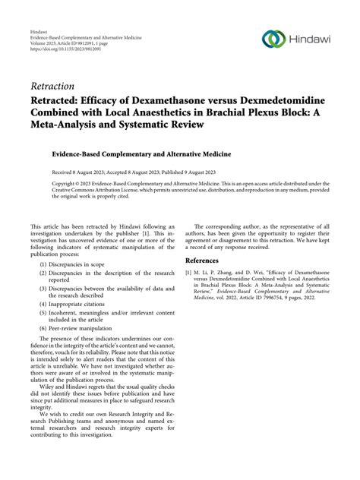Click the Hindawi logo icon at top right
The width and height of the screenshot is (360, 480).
pos(273,39)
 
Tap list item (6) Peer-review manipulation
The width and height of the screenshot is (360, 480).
pos(84,333)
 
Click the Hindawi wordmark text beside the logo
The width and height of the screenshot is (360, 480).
pos(311,39)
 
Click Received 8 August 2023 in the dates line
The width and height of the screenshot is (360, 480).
pos(80,172)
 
